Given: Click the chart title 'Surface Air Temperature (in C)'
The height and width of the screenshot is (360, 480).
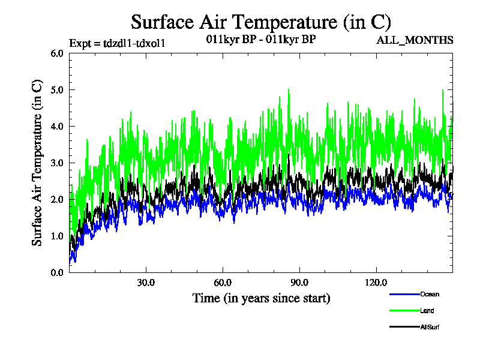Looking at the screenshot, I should [x=261, y=22].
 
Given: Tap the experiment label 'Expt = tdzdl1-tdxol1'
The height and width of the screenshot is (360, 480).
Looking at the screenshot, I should [x=117, y=43].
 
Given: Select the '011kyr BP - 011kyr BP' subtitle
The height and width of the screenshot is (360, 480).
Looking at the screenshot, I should [x=260, y=40].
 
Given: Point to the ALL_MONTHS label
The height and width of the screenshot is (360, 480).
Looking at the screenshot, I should [x=415, y=40].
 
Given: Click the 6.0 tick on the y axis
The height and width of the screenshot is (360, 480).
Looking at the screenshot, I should [x=57, y=53].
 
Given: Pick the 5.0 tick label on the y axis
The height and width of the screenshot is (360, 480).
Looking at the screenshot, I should [x=57, y=90].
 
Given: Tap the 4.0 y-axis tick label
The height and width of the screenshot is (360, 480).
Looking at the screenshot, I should [x=57, y=127].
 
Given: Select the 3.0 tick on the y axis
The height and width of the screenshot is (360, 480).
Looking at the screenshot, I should [x=57, y=163].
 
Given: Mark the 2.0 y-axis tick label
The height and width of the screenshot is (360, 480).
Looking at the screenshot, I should [x=57, y=200].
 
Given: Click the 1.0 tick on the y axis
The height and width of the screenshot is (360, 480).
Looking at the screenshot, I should [x=57, y=236].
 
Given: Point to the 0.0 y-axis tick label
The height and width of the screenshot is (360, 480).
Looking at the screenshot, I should [x=57, y=273].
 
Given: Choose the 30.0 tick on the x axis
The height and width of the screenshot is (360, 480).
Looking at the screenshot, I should [x=146, y=283].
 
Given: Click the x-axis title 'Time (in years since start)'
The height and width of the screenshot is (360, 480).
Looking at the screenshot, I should [x=261, y=298].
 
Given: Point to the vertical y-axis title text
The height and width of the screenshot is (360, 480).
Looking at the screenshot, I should [x=37, y=163].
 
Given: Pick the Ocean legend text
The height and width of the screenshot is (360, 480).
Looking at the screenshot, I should [x=430, y=294].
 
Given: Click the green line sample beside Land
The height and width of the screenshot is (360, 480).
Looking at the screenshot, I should [x=403, y=310].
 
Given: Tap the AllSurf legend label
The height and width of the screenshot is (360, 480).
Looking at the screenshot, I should [x=430, y=326].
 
